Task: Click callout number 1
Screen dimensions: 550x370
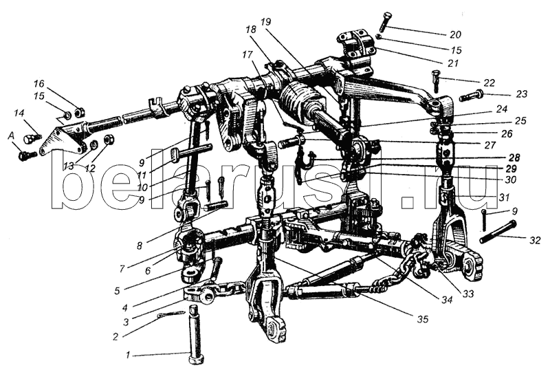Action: click(x=128, y=356)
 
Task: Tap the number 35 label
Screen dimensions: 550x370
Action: click(x=423, y=319)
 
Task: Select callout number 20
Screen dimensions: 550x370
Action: click(x=455, y=34)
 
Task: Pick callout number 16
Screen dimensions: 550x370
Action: click(x=39, y=83)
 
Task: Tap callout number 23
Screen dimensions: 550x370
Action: click(x=522, y=94)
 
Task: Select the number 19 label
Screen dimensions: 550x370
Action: click(x=266, y=22)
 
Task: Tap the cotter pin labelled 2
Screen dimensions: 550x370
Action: click(x=170, y=314)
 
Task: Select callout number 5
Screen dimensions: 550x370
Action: click(x=117, y=290)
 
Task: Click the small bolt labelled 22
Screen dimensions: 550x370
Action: click(x=435, y=81)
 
